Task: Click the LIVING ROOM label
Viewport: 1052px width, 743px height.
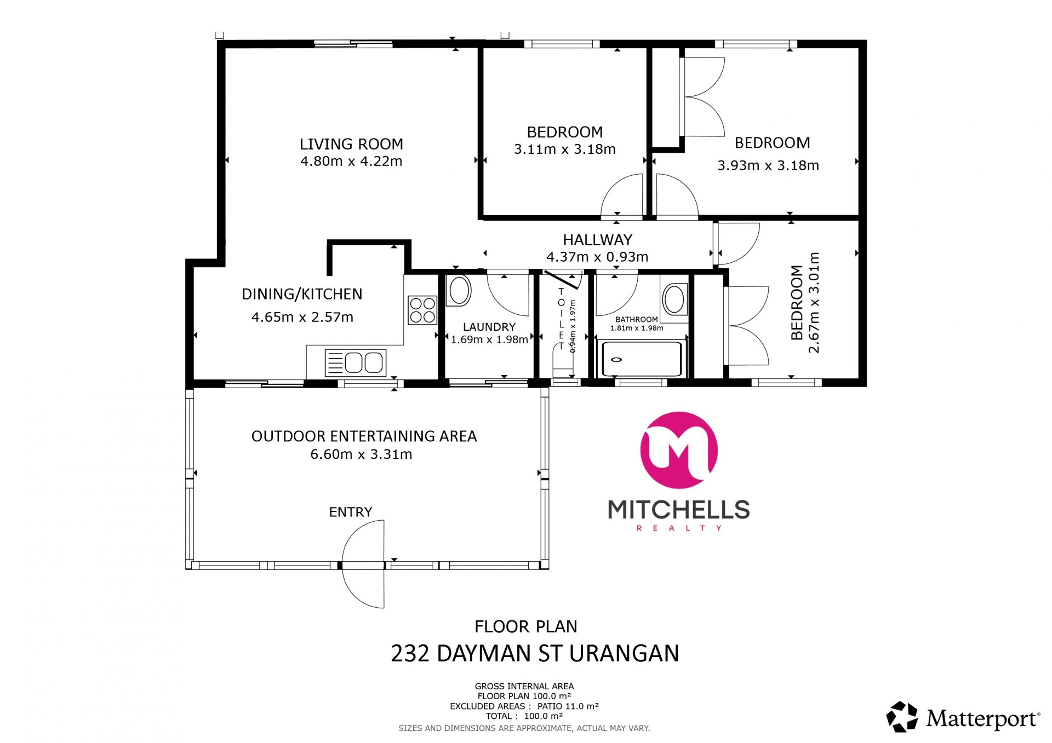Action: point(351,144)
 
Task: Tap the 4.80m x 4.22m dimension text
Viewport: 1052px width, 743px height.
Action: point(351,161)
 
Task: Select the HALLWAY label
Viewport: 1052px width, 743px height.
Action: point(597,240)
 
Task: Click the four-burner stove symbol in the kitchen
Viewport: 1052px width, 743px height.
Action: point(422,310)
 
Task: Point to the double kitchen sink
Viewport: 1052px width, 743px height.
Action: point(356,362)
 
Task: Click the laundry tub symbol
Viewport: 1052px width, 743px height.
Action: point(460,290)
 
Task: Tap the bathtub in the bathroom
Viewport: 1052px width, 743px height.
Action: point(642,359)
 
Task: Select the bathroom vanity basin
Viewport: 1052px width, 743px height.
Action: point(675,299)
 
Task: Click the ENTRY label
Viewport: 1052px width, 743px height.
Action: point(351,512)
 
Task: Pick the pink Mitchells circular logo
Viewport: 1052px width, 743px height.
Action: point(679,450)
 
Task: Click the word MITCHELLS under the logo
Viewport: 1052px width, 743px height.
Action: point(679,510)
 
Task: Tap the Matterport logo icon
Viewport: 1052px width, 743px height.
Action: point(902,717)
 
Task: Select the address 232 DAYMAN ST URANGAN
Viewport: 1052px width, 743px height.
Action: point(535,653)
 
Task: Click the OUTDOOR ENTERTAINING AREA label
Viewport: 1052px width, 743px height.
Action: point(364,436)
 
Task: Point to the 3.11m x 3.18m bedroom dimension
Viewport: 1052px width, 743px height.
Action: point(564,149)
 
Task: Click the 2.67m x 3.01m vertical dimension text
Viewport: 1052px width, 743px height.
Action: point(814,302)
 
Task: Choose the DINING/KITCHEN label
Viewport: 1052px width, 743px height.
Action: point(302,294)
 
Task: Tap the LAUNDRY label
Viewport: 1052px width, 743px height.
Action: point(489,327)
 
